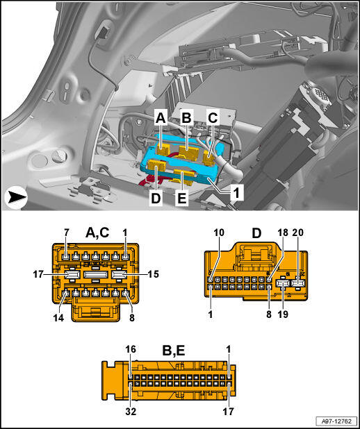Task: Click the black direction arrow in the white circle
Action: point(16,198)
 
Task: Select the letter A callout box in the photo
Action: point(161,119)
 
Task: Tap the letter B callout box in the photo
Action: point(186,119)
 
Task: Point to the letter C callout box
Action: point(213,119)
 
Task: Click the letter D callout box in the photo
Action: point(156,199)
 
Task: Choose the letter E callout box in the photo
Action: point(181,199)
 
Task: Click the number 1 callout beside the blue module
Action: point(236,194)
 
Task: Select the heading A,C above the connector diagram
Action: point(97,233)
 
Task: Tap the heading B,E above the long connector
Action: point(174,351)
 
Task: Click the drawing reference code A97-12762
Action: point(336,420)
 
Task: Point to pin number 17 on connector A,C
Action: point(39,274)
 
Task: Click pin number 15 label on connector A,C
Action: point(153,274)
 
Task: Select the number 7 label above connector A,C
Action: point(67,233)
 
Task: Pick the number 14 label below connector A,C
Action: point(58,318)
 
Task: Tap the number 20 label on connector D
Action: point(298,233)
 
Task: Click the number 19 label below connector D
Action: point(283,314)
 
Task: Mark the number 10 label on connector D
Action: point(219,233)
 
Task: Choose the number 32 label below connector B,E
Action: point(131,412)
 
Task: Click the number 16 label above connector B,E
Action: point(131,349)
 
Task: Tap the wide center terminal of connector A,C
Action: point(95,274)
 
